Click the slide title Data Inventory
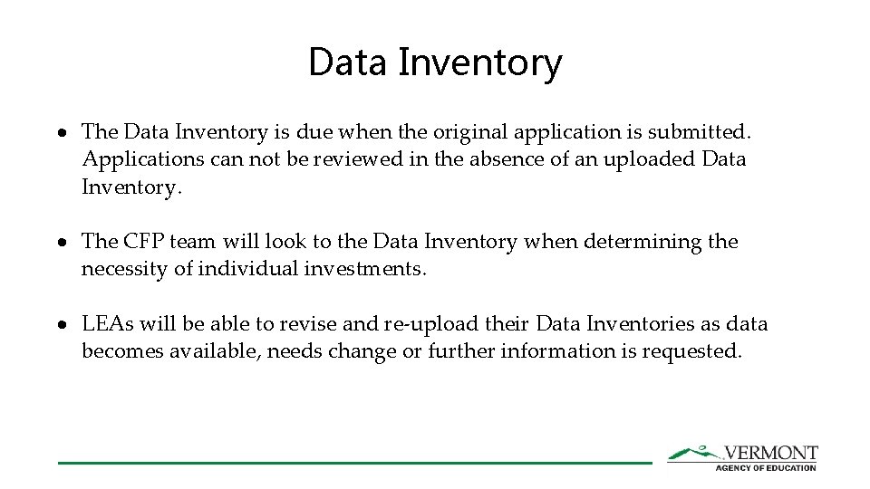(435, 62)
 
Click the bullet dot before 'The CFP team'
(66, 243)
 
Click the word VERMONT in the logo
(770, 453)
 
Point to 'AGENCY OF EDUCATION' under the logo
(766, 467)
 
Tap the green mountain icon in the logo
(693, 453)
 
